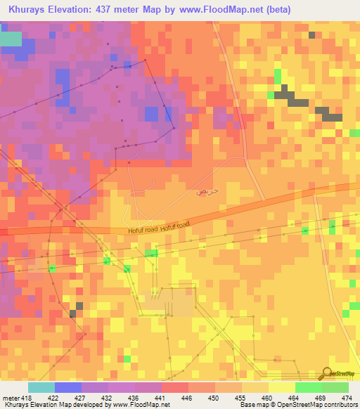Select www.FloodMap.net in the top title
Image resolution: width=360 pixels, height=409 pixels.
[x=218, y=10]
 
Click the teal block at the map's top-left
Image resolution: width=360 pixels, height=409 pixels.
[x=11, y=39]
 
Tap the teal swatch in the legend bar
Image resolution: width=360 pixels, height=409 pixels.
[x=41, y=387]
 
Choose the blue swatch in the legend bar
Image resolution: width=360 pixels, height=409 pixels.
[x=68, y=387]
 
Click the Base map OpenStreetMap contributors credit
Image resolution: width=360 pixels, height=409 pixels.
[x=295, y=404]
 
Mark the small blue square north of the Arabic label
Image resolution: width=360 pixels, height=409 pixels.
[x=151, y=114]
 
